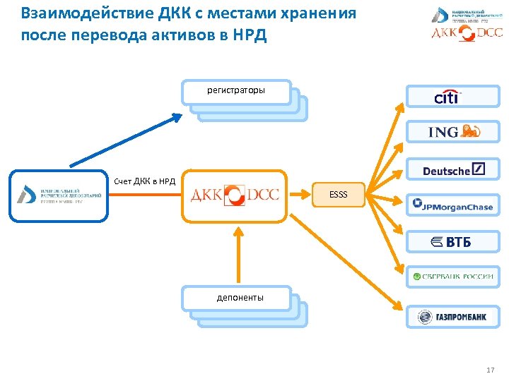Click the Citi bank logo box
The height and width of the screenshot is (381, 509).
[x=452, y=96]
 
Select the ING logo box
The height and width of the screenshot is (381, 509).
[x=452, y=132]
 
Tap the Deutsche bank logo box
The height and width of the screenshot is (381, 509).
[x=452, y=169]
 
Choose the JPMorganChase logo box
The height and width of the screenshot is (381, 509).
[x=452, y=205]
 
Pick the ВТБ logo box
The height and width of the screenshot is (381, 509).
[x=452, y=242]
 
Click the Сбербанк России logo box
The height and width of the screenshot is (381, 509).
[x=452, y=276]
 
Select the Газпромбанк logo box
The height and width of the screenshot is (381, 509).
[x=452, y=317]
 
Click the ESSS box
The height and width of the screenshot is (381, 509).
[x=339, y=194]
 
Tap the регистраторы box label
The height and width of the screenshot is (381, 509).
[x=236, y=91]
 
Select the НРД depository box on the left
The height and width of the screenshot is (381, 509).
[x=59, y=194]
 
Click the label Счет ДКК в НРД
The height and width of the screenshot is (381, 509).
[x=145, y=182]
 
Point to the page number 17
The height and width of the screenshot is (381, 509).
[x=491, y=370]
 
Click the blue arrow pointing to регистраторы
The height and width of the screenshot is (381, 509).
[x=127, y=140]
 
